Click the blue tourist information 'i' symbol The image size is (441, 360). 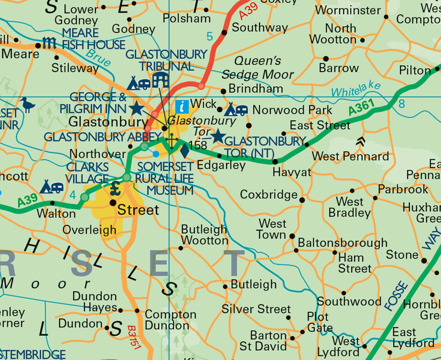pyautogui.click(x=182, y=106)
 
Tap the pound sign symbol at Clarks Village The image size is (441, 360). pyautogui.click(x=116, y=189)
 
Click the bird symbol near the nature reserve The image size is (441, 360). pyautogui.click(x=29, y=105)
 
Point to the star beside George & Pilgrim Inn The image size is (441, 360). pyautogui.click(x=137, y=108)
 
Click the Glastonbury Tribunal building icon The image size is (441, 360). pyautogui.click(x=160, y=80)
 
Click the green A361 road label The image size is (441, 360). pyautogui.click(x=362, y=107)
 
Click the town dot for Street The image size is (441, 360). pyautogui.click(x=113, y=203)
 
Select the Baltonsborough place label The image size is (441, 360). pyautogui.click(x=343, y=243)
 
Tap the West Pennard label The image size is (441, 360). pyautogui.click(x=350, y=156)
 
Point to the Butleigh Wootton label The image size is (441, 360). pyautogui.click(x=204, y=235)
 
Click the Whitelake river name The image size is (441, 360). pyautogui.click(x=356, y=89)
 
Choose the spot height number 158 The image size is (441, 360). pyautogui.click(x=198, y=145)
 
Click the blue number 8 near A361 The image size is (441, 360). pyautogui.click(x=402, y=103)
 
